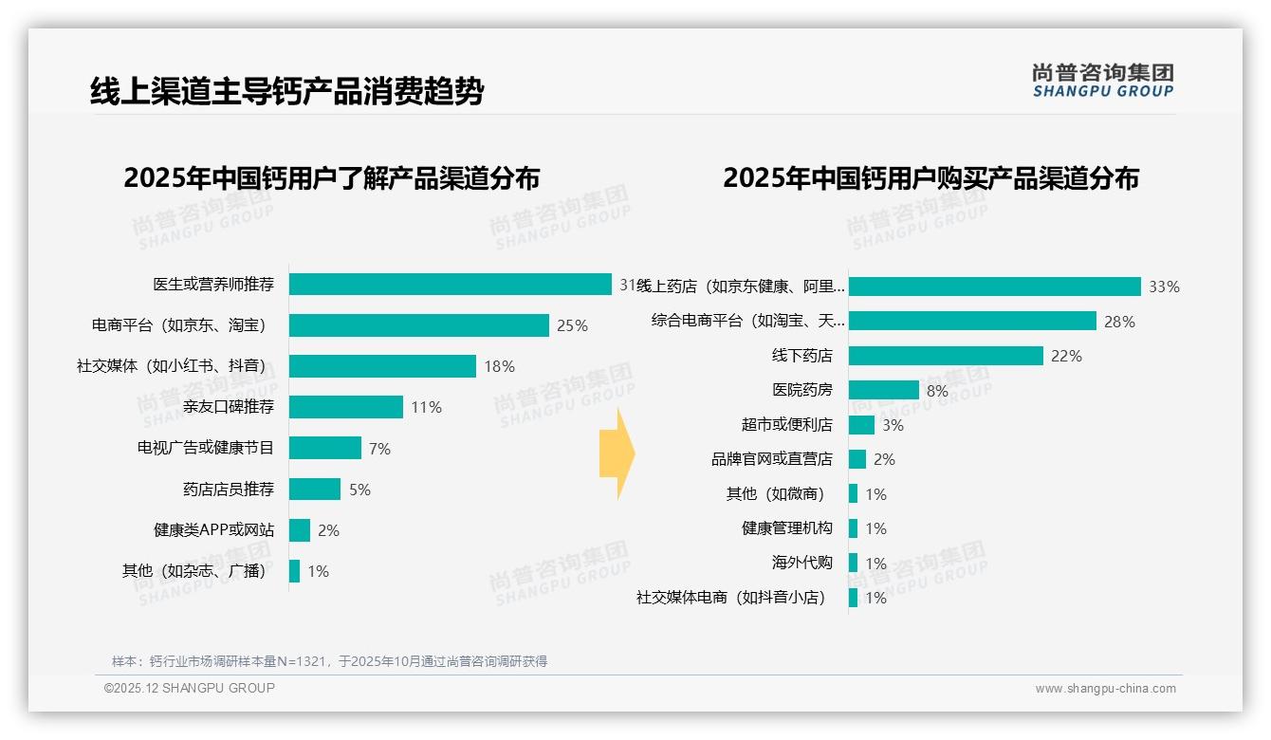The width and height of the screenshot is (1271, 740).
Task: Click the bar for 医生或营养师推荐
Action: (451, 285)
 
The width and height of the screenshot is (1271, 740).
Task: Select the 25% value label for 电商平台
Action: (572, 325)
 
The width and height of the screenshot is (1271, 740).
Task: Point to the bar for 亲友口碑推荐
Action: (346, 407)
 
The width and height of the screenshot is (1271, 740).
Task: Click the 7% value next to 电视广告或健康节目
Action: (379, 449)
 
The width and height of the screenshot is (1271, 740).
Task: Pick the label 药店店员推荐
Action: (229, 490)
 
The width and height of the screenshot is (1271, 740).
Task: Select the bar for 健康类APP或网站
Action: (300, 530)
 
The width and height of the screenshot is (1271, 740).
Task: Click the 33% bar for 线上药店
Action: (995, 287)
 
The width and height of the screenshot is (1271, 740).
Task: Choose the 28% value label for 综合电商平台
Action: (1119, 322)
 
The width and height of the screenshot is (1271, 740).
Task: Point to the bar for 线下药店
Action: (946, 356)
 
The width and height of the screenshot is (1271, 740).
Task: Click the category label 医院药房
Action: (802, 390)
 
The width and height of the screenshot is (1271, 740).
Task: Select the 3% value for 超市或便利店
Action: (893, 425)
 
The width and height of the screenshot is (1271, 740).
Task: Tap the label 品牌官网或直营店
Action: (772, 459)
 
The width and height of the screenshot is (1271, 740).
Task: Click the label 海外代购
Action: (802, 563)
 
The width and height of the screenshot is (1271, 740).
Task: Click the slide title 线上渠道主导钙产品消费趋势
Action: (287, 91)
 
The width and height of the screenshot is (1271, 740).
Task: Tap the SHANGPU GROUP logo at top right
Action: (1103, 80)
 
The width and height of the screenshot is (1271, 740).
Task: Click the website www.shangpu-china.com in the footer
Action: (1105, 689)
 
